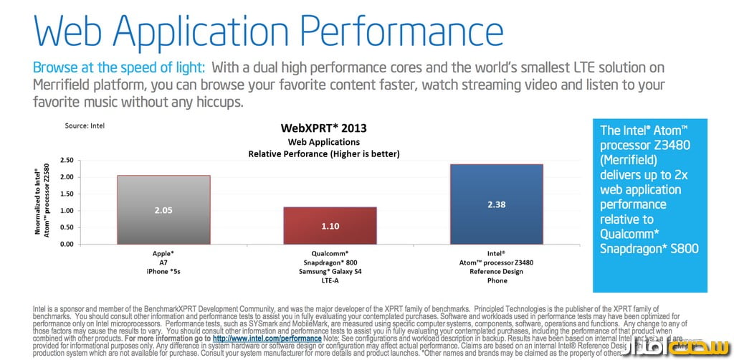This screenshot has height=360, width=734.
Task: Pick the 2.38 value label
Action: click(x=496, y=204)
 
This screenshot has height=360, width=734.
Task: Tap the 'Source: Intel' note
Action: click(x=85, y=125)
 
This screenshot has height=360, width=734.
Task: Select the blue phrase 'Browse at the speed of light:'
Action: click(x=119, y=67)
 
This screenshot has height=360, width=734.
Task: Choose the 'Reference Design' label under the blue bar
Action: click(x=496, y=272)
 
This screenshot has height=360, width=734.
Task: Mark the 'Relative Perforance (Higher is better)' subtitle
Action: click(x=323, y=153)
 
